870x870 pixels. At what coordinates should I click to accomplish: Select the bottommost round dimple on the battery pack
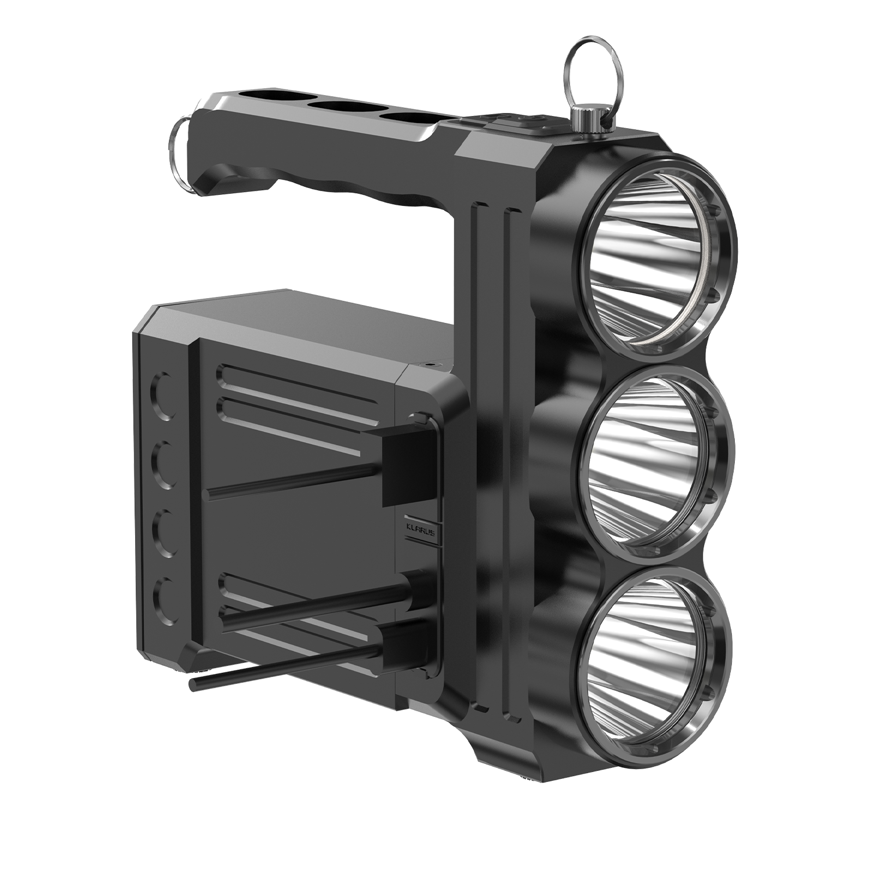click(165, 601)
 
